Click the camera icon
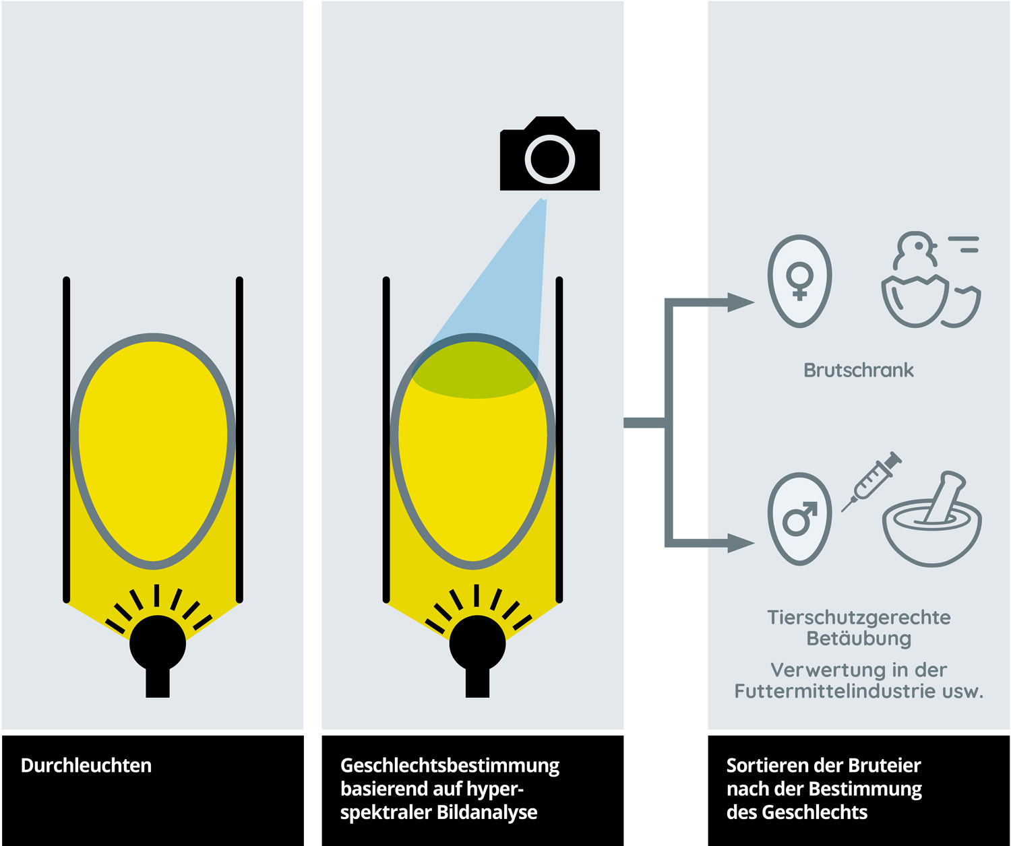(x=549, y=154)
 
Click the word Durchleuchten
(x=86, y=766)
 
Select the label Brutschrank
(x=859, y=370)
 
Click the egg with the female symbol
(x=799, y=280)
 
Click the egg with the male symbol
(x=799, y=518)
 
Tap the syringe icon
(x=872, y=481)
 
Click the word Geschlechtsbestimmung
(x=450, y=766)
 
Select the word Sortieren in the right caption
(x=760, y=766)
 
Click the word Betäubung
(x=859, y=639)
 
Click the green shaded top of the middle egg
(x=473, y=370)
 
